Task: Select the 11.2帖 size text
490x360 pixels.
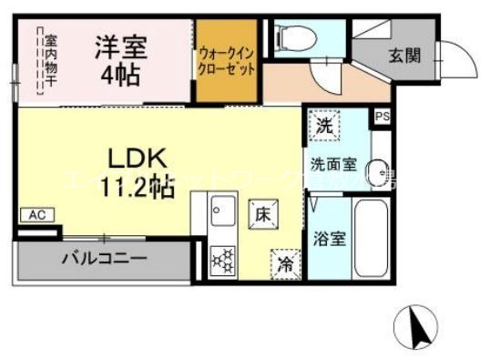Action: pos(137,187)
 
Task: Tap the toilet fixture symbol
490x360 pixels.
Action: pos(295,39)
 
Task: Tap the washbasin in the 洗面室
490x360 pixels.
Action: pos(380,170)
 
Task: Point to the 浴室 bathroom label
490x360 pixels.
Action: pos(330,239)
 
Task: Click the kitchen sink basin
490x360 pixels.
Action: pos(222,212)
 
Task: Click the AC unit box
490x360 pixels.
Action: pos(37,215)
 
